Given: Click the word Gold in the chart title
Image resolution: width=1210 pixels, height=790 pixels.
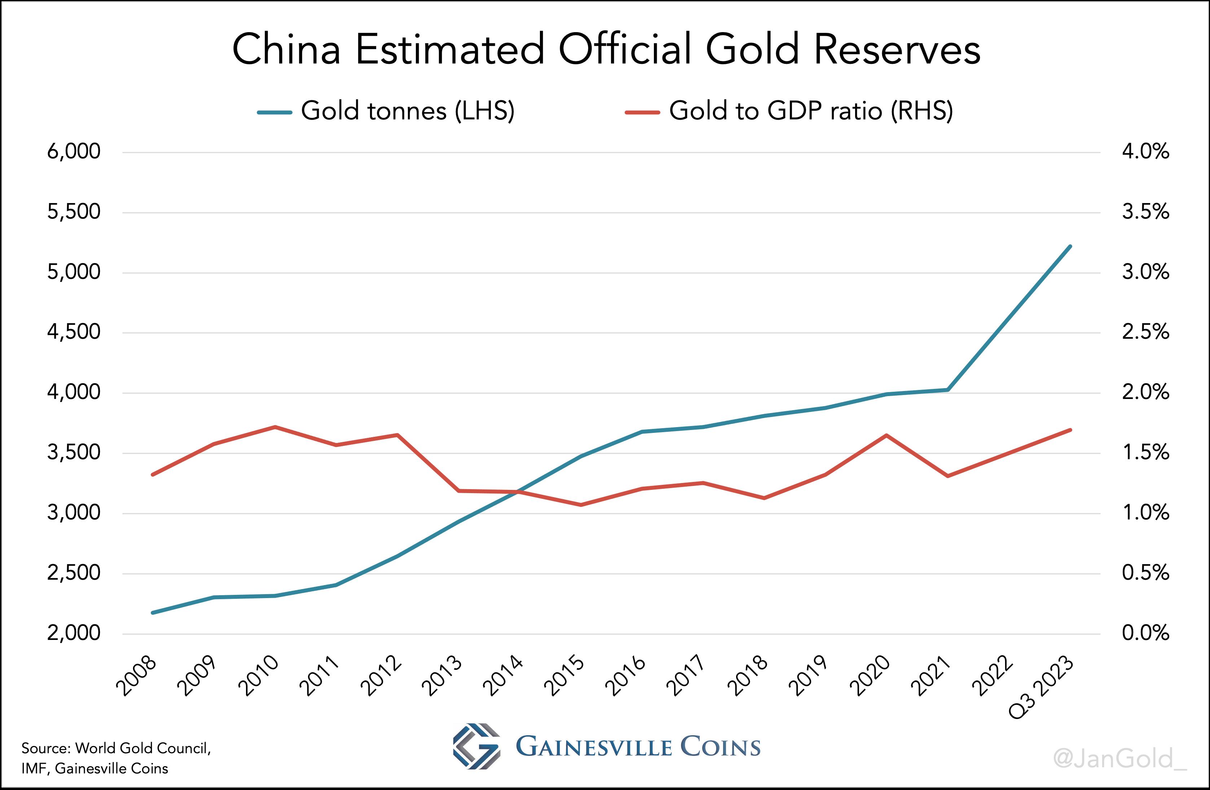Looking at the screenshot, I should pyautogui.click(x=752, y=49).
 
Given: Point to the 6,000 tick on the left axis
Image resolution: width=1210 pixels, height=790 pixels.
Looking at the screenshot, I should pyautogui.click(x=74, y=152).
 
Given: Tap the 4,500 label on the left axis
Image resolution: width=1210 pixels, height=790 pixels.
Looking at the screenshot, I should pyautogui.click(x=74, y=332).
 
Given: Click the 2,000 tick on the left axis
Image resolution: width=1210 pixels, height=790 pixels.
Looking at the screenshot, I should pyautogui.click(x=74, y=633).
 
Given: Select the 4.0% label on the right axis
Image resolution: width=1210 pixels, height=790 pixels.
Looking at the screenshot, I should pyautogui.click(x=1145, y=152).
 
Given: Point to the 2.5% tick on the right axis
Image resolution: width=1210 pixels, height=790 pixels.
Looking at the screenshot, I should pyautogui.click(x=1145, y=332).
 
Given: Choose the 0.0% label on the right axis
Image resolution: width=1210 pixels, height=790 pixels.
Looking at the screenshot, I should pyautogui.click(x=1145, y=633).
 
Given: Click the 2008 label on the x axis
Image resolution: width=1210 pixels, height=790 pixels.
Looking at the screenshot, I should pyautogui.click(x=137, y=676).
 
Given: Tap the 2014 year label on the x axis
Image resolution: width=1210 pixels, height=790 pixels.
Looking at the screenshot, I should pyautogui.click(x=503, y=676).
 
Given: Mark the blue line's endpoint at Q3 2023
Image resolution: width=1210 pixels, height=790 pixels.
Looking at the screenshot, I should pyautogui.click(x=1070, y=246).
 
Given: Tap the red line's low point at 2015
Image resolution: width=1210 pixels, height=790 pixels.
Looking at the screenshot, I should pyautogui.click(x=581, y=505).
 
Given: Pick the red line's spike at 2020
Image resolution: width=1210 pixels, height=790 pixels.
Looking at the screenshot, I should pyautogui.click(x=886, y=435).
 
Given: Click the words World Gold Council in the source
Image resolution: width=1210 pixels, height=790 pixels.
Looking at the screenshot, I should pyautogui.click(x=142, y=748).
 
